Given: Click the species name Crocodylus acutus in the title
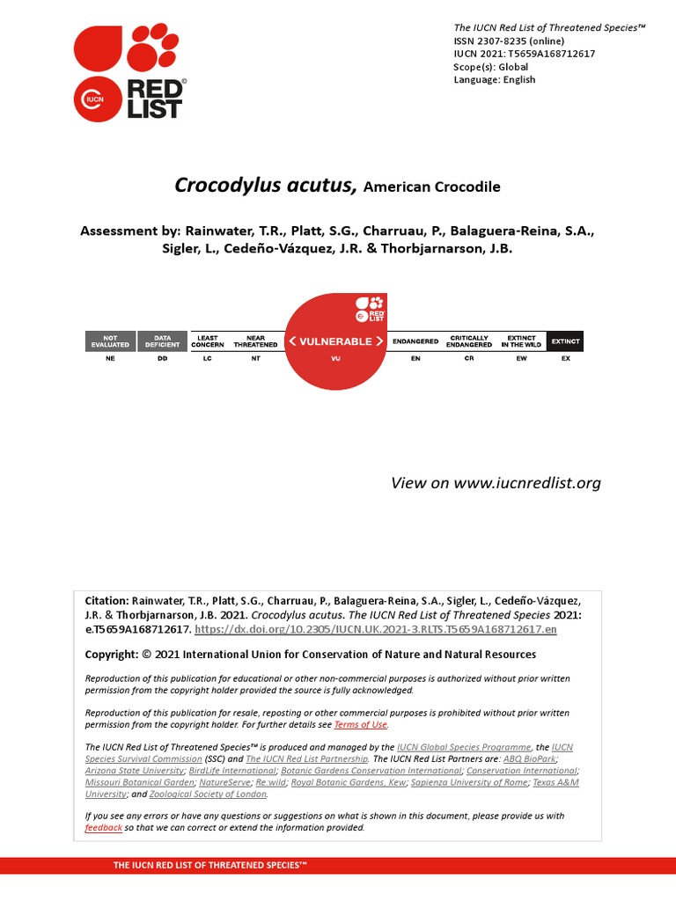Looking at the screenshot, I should [265, 186].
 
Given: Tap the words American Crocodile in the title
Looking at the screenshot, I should [431, 187].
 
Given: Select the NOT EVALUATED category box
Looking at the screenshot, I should [110, 341].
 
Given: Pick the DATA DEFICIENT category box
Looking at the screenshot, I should [162, 341].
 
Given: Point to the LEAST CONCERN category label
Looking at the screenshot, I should [208, 341].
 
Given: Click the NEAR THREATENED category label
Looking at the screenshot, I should [255, 341].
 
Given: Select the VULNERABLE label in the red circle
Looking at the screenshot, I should [336, 341].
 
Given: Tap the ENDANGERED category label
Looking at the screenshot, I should [415, 341].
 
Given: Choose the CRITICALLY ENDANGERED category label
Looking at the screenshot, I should [469, 341].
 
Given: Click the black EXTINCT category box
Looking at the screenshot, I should [565, 341].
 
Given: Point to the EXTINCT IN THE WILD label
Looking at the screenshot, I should [521, 341].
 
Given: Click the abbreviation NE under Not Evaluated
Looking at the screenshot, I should [110, 359].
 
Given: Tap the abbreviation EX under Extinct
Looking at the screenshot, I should [565, 359].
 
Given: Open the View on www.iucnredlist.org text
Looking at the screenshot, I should [496, 482].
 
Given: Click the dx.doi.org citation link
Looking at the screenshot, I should [376, 630].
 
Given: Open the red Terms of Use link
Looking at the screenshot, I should [360, 724].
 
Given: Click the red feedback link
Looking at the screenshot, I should [103, 828].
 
